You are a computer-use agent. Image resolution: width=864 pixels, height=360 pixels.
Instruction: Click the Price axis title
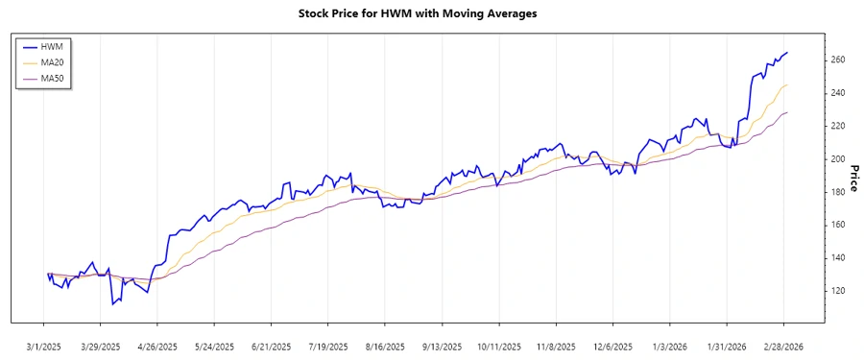pyautogui.click(x=853, y=178)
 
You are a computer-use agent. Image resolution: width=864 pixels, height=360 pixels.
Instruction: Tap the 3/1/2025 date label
pyautogui.click(x=45, y=346)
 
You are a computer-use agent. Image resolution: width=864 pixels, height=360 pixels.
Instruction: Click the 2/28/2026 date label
pyautogui.click(x=782, y=346)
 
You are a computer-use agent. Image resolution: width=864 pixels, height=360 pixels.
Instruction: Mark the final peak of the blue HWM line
pyautogui.click(x=787, y=53)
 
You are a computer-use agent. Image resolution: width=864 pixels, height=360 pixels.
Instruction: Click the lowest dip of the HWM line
pyautogui.click(x=112, y=304)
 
